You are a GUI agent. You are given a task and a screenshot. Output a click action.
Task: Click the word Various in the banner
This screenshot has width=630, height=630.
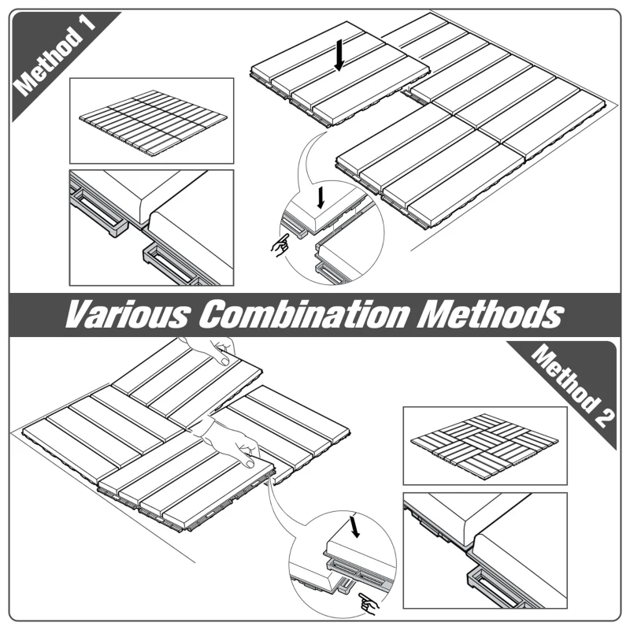tap(126, 314)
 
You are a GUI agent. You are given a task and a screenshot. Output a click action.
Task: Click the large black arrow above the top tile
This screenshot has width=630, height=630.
tap(339, 55)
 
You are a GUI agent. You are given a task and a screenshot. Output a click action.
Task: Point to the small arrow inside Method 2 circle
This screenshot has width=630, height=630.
tap(356, 526)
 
